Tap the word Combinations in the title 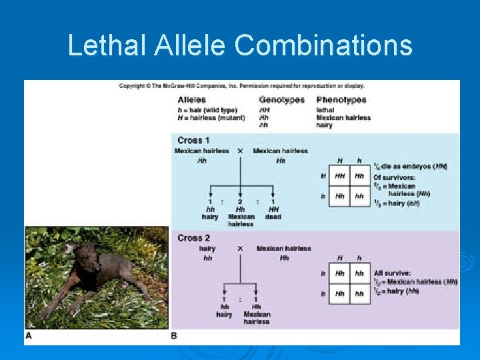pos(323,45)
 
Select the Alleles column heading pos(192,100)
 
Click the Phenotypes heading pos(341,100)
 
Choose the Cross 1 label pos(193,141)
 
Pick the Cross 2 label pos(194,238)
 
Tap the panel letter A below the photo pos(28,336)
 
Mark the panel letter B pos(175,336)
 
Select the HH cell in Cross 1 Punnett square pos(340,176)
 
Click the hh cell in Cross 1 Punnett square pos(359,197)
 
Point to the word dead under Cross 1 pos(273,217)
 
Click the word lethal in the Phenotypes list pos(325,110)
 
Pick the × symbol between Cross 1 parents pos(240,151)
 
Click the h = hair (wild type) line pos(207,110)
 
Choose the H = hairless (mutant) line pos(211,117)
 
